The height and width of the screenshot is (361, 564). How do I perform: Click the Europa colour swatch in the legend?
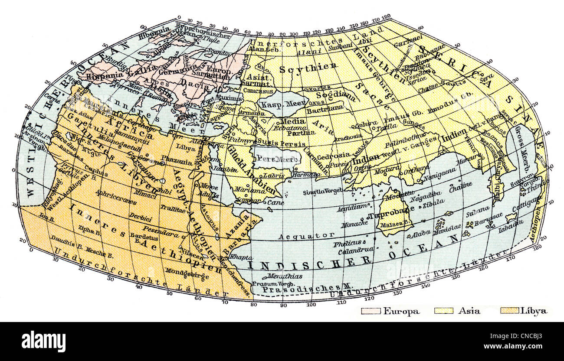click(371, 311)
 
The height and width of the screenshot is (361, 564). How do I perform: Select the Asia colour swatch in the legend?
click(443, 311)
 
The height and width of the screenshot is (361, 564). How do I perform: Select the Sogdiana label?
click(332, 95)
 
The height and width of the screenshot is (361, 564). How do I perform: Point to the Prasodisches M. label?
click(302, 287)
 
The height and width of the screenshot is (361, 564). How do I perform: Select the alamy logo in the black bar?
click(44, 341)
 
